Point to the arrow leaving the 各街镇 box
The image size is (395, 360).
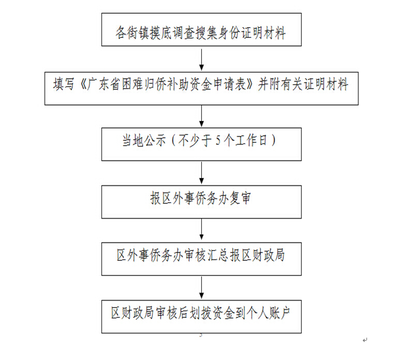(201, 60)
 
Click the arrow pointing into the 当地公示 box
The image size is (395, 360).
(201, 116)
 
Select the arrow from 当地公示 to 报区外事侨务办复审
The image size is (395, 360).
(201, 173)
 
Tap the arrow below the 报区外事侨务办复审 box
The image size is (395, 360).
(201, 229)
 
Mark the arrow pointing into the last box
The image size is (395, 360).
(201, 288)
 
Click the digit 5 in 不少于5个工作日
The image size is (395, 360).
(218, 140)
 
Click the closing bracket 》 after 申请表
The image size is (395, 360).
(252, 84)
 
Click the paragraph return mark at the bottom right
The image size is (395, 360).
(365, 340)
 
